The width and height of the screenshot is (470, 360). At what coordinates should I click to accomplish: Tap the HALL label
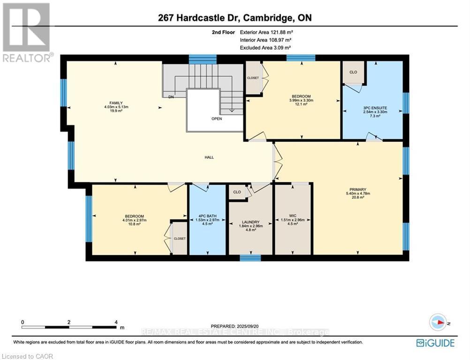(209, 157)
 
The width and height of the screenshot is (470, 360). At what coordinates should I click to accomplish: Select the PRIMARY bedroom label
(357, 190)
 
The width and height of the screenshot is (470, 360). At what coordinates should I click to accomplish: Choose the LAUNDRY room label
(250, 222)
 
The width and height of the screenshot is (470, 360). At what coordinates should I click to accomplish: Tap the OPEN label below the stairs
(216, 119)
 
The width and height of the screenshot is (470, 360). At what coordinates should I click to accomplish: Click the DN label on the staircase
(172, 97)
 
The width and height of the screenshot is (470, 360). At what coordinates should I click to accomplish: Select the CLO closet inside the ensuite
(353, 73)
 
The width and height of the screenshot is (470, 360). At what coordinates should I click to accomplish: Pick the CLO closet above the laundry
(237, 192)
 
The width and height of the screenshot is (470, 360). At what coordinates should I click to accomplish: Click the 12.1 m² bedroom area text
(301, 105)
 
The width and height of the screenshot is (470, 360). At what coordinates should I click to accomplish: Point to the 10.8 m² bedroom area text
(134, 224)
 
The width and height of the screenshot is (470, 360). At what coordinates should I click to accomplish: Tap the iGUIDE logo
(435, 343)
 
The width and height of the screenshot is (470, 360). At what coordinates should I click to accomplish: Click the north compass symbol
(439, 322)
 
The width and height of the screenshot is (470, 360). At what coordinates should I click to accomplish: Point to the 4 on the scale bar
(116, 322)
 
